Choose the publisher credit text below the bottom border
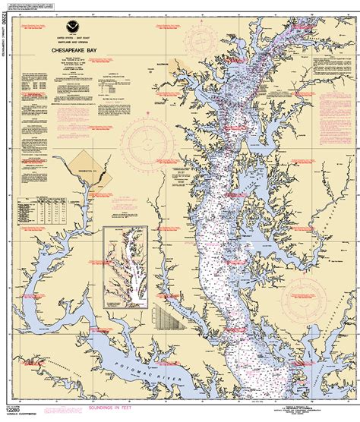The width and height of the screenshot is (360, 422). [301, 402]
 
